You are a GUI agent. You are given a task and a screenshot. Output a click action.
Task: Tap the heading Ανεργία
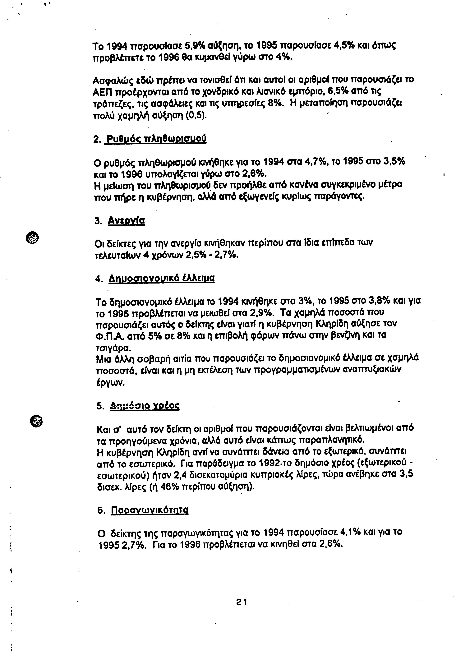point(126,221)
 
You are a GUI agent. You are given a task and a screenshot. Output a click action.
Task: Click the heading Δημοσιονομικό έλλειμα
point(162,279)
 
